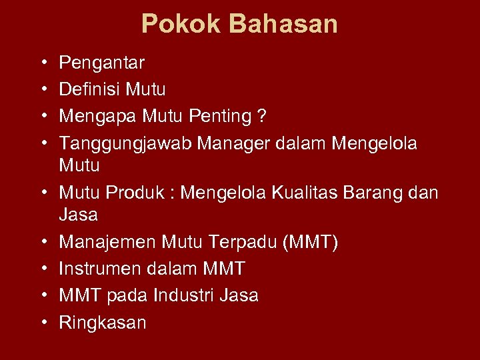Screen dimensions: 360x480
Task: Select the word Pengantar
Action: [102, 63]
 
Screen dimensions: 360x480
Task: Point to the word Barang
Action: [383, 193]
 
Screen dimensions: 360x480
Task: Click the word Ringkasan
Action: [103, 323]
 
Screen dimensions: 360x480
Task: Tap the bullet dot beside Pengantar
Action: [42, 64]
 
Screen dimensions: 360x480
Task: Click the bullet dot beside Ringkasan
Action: [42, 323]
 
